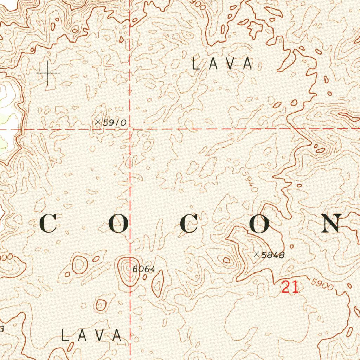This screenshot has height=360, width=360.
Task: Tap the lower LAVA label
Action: click(x=91, y=336)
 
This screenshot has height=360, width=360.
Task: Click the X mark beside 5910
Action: click(x=98, y=122)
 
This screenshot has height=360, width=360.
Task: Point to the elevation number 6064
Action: click(x=144, y=270)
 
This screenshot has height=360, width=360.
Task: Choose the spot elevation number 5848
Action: click(x=273, y=255)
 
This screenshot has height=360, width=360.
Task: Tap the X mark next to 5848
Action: click(x=257, y=254)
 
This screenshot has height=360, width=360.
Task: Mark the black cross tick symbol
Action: click(x=48, y=73)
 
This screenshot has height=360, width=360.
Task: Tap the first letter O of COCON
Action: click(x=118, y=224)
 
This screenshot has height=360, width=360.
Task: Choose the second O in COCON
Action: click(x=259, y=224)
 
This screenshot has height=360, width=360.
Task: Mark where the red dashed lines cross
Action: click(x=130, y=129)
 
